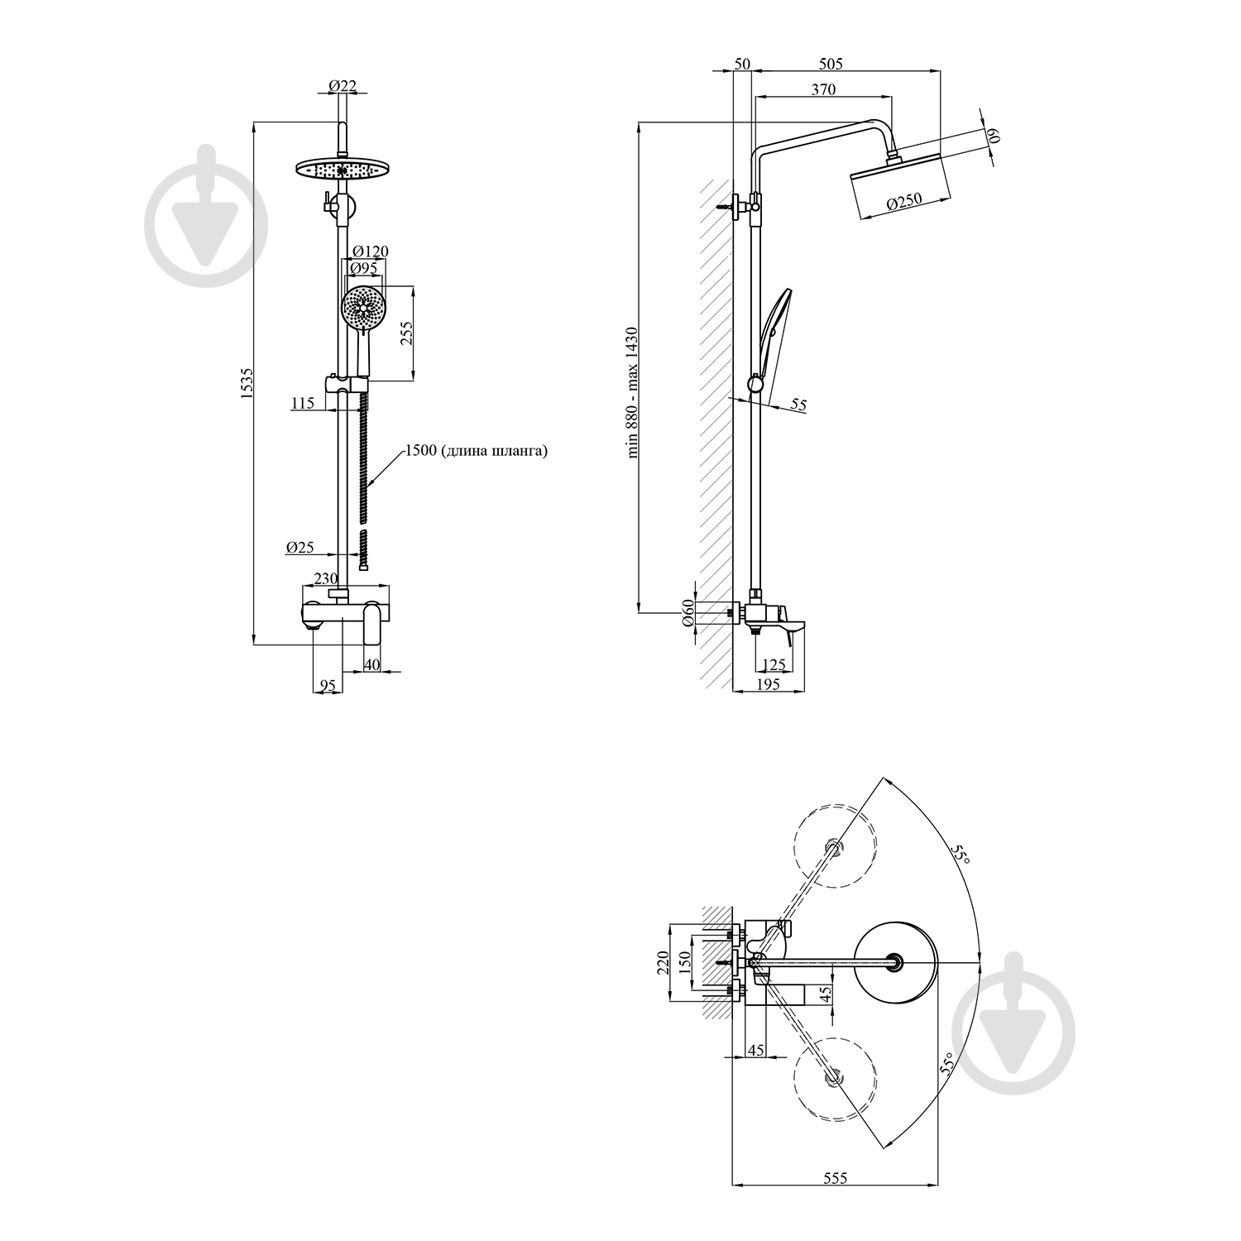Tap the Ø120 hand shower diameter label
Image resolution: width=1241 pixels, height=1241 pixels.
tap(370, 252)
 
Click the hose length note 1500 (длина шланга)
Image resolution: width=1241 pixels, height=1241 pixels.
tap(476, 452)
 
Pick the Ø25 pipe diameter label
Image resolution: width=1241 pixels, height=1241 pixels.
tap(299, 547)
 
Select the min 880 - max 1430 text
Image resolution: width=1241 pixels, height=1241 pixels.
tap(633, 393)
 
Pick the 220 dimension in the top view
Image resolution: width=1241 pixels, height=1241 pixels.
tap(663, 964)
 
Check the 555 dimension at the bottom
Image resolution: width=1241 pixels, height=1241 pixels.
tap(836, 1178)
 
